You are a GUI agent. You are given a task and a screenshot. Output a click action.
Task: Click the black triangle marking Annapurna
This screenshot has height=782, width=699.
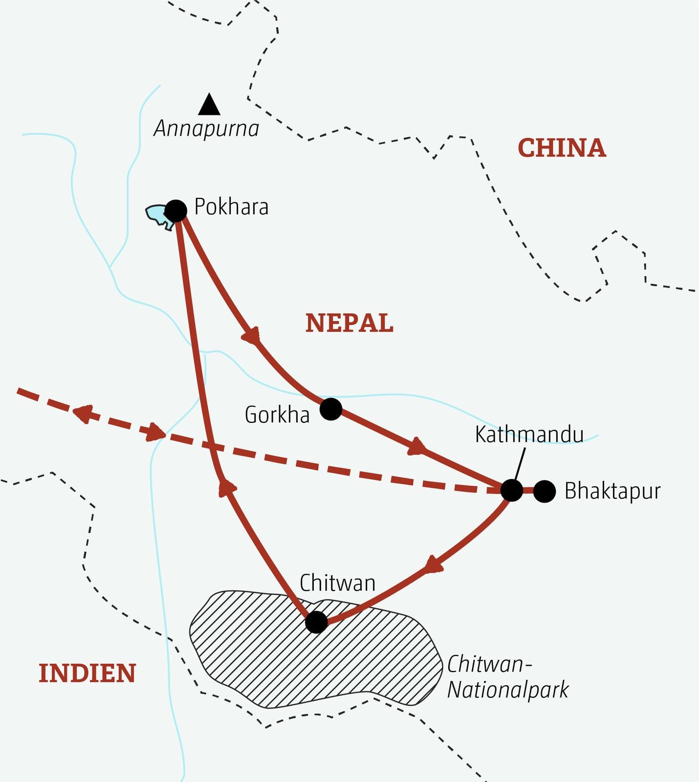tap(209, 105)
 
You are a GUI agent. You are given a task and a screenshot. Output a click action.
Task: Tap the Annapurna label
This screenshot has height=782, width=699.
tap(206, 129)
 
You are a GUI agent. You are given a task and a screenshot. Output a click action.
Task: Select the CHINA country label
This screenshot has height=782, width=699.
tap(562, 148)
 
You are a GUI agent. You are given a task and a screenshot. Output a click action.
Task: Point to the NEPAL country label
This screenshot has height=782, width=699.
tap(349, 323)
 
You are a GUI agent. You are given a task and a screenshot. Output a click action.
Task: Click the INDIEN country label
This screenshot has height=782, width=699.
tap(87, 673)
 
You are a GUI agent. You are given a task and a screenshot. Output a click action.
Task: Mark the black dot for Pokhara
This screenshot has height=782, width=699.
tap(176, 210)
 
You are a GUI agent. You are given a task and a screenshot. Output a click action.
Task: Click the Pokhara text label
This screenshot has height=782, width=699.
tap(231, 207)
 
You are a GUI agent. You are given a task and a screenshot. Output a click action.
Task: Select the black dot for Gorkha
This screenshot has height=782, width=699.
tap(331, 409)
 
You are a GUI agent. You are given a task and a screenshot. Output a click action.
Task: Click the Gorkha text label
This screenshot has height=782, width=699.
tap(277, 415)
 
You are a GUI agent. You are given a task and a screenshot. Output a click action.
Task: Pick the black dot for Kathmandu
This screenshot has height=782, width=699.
tap(512, 490)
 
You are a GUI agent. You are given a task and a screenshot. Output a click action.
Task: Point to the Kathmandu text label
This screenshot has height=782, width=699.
tap(529, 434)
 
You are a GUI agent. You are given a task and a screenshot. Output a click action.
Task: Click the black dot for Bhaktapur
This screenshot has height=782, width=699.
tap(544, 491)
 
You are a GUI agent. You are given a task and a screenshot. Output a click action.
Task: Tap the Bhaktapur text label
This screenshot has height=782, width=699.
tap(612, 491)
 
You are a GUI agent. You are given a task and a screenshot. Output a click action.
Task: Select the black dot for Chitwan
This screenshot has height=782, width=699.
tap(316, 622)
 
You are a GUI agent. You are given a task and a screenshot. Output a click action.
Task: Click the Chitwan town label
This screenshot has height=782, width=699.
tap(337, 583)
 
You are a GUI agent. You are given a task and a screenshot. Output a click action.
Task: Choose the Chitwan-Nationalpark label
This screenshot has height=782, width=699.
tap(507, 677)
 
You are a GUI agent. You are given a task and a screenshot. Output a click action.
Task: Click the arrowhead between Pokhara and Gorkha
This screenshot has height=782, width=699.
tap(251, 336)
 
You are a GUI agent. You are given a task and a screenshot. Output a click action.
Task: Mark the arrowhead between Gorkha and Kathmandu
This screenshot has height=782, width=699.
tap(416, 446)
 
